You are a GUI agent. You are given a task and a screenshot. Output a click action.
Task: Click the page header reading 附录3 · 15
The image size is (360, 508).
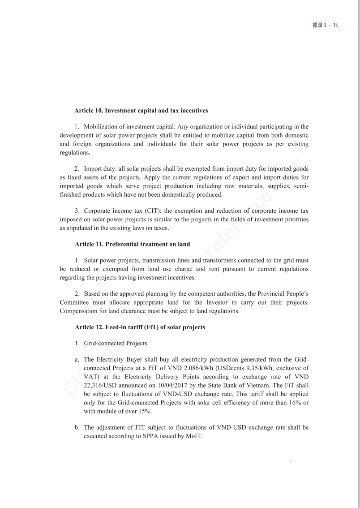(x=325, y=25)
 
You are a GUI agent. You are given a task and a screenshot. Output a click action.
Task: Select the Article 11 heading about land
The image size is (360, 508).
(x=133, y=244)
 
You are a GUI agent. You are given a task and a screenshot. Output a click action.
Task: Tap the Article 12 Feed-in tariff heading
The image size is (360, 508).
(x=140, y=327)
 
